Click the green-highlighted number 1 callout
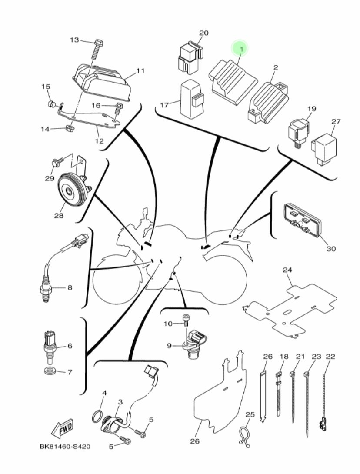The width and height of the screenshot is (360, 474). [x=240, y=48]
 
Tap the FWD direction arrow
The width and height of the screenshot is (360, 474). [x=62, y=428]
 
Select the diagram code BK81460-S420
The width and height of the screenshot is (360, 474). [x=65, y=447]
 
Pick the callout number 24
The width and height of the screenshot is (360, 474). [x=287, y=270]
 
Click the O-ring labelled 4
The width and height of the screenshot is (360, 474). [x=97, y=417]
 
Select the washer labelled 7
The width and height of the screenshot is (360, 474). [x=48, y=371]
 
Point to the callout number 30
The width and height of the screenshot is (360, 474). [x=331, y=249]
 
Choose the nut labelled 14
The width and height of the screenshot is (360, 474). [x=70, y=128]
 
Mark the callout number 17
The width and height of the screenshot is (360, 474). [x=164, y=105]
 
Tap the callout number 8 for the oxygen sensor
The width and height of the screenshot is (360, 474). [x=70, y=287]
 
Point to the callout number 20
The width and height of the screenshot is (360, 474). [x=204, y=33]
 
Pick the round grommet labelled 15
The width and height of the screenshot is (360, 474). [x=51, y=104]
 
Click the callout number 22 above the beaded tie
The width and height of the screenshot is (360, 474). [x=330, y=357]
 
